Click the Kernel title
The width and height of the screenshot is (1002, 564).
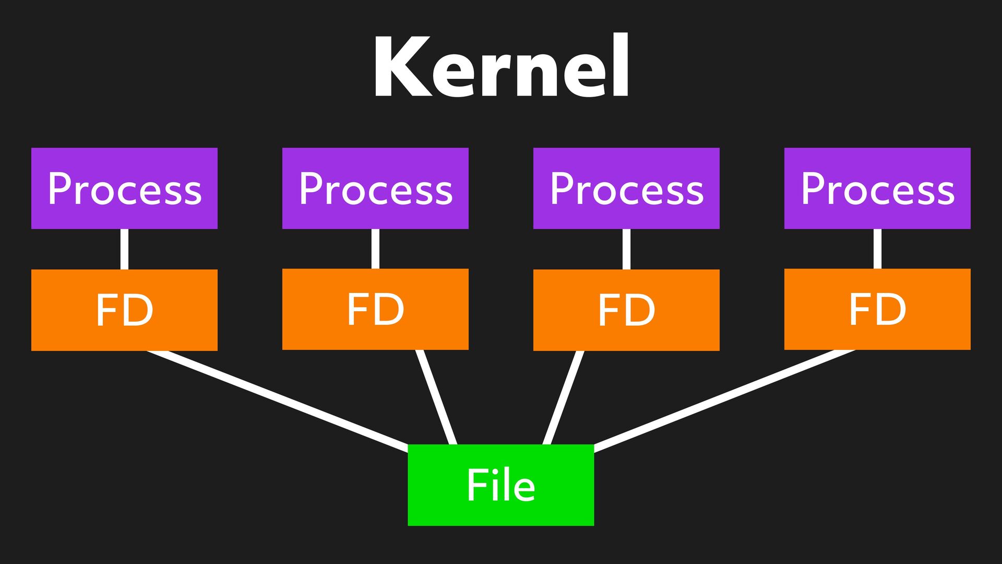pyautogui.click(x=501, y=67)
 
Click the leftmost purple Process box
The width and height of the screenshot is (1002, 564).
pyautogui.click(x=124, y=188)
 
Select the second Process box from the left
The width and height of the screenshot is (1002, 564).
pyautogui.click(x=375, y=188)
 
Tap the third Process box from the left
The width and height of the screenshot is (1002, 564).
pyautogui.click(x=626, y=188)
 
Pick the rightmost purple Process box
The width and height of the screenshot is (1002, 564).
pyautogui.click(x=877, y=188)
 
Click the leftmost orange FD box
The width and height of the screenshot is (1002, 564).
pyautogui.click(x=124, y=310)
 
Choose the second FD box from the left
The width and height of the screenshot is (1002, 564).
pyautogui.click(x=375, y=309)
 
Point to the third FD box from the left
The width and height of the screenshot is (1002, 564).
pyautogui.click(x=626, y=310)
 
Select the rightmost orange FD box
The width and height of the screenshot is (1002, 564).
pyautogui.click(x=877, y=309)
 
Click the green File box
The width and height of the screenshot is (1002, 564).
pyautogui.click(x=501, y=485)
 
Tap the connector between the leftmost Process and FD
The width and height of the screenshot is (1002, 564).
pyautogui.click(x=124, y=249)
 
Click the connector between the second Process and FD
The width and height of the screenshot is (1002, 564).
pyautogui.click(x=375, y=249)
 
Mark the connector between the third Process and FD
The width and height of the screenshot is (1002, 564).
pyautogui.click(x=626, y=249)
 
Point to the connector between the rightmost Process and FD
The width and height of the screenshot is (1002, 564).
pyautogui.click(x=877, y=249)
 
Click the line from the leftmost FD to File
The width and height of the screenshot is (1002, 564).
pyautogui.click(x=277, y=399)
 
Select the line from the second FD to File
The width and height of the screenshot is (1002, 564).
pyautogui.click(x=436, y=397)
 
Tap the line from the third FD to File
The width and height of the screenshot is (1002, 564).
pyautogui.click(x=564, y=397)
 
